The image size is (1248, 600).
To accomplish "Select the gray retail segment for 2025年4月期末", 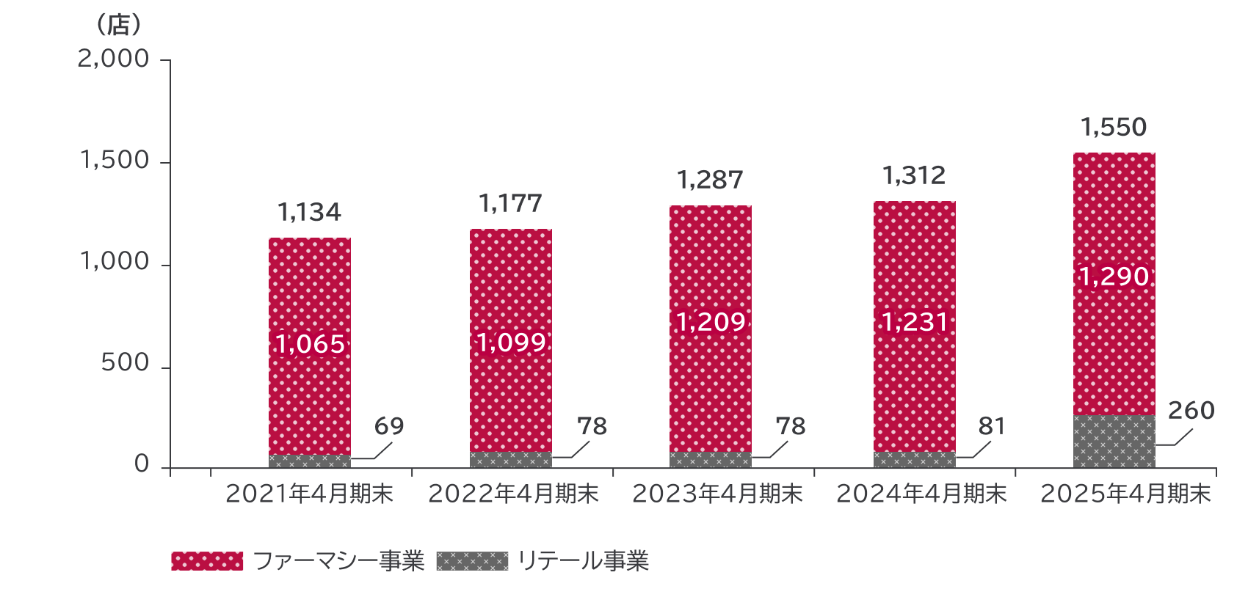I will click(x=1114, y=442).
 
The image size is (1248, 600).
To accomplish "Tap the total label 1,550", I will click(x=1114, y=128).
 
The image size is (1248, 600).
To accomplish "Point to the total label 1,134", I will click(x=309, y=213).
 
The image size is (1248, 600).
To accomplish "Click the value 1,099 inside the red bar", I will click(x=511, y=343).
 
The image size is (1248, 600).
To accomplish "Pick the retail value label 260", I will click(x=1191, y=411).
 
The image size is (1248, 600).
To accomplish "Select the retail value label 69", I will click(x=389, y=426).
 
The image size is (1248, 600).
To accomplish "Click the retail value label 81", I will click(x=991, y=426).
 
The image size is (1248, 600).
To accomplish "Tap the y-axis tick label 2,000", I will click(x=114, y=59).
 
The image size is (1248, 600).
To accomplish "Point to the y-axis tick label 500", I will click(x=125, y=363).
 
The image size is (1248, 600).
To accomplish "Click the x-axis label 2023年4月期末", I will click(x=717, y=494).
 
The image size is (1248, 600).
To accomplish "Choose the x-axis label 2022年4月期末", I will click(x=513, y=494).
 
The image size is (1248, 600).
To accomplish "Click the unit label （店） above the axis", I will click(x=118, y=26).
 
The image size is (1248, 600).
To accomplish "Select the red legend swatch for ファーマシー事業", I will click(x=207, y=561).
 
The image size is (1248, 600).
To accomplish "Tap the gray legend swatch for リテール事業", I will click(x=472, y=561).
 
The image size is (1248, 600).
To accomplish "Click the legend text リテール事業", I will click(x=583, y=561).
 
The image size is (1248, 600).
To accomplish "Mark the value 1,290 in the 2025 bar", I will click(x=1114, y=277).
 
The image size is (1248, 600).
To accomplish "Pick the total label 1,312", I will click(x=914, y=176).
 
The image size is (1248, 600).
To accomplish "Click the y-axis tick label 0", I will click(x=142, y=464).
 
